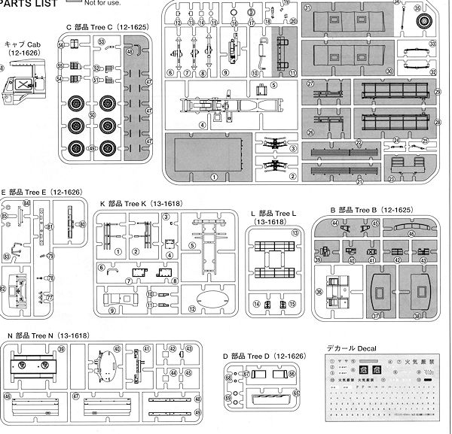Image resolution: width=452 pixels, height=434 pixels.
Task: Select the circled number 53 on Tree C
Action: point(60,56)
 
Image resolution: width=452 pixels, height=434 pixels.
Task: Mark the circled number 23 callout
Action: point(391,179)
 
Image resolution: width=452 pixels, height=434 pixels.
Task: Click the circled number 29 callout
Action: point(436,91)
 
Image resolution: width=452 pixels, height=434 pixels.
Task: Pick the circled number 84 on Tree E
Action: point(26,204)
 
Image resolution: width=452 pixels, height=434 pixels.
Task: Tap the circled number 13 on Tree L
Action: point(296,234)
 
